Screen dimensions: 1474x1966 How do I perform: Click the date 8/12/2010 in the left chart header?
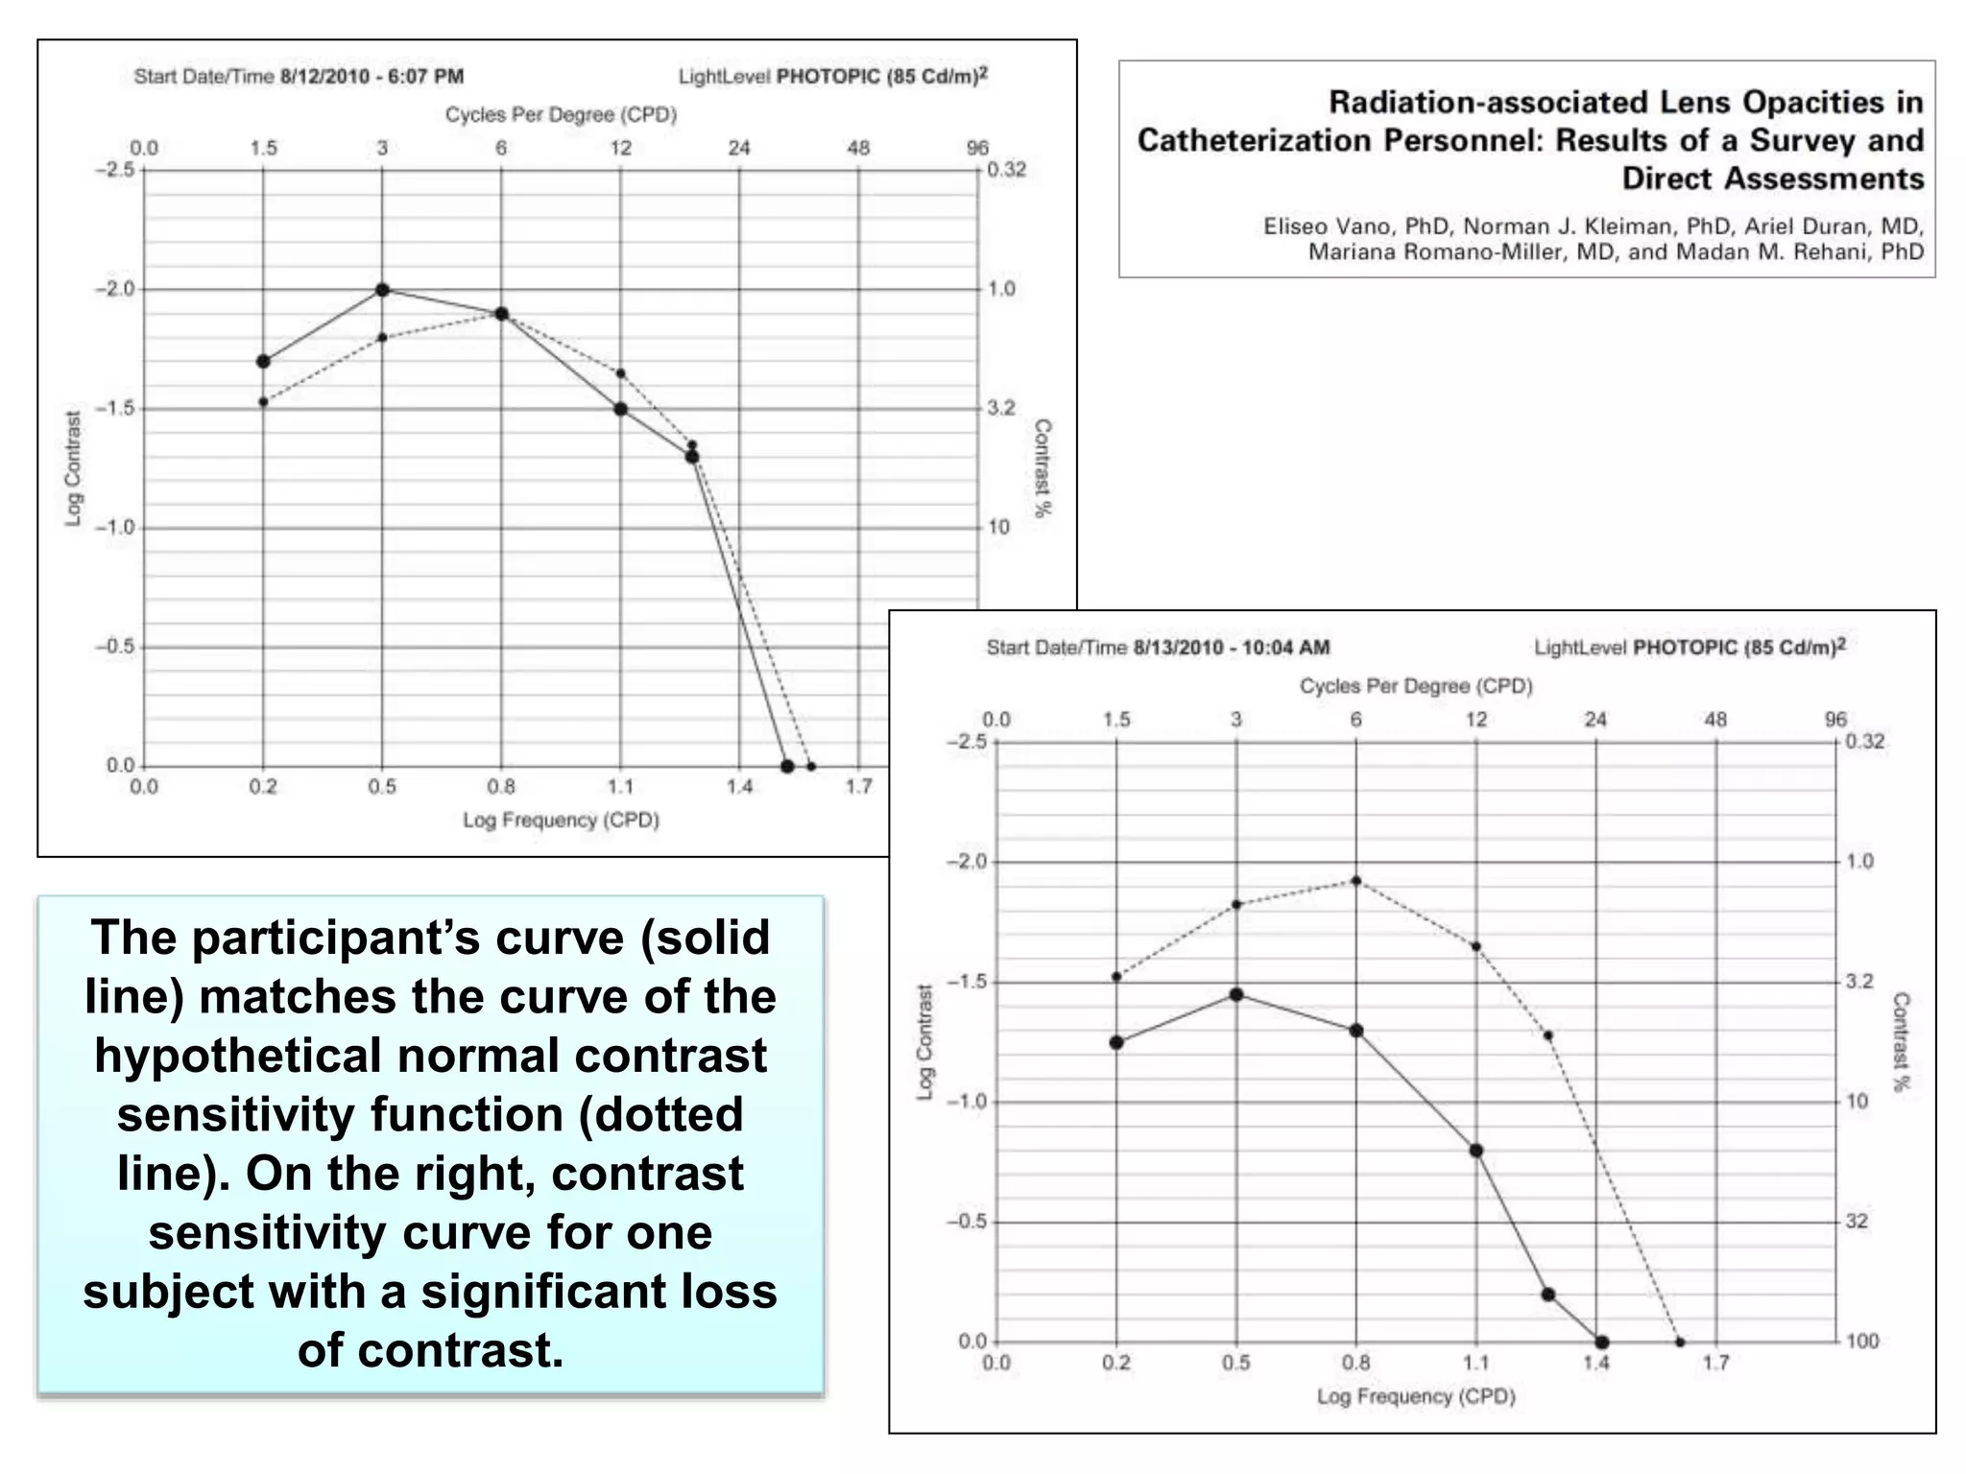coord(325,77)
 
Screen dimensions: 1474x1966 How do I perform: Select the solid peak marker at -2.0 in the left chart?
coord(382,290)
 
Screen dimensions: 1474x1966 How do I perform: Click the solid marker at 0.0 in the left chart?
coord(787,766)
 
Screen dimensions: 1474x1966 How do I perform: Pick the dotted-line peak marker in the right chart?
coord(1356,880)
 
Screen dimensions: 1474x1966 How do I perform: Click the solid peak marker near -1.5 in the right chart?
coord(1236,994)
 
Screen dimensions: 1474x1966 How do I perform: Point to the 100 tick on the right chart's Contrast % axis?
coord(1862,1342)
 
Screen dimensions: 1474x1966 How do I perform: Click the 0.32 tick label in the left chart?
coord(1006,170)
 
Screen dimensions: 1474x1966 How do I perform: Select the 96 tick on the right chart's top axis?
coord(1834,720)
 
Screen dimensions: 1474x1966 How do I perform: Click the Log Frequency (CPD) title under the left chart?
coord(561,820)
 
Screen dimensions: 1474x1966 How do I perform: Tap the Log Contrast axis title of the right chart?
coord(924,1041)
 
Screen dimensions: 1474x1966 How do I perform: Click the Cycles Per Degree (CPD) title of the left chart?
coord(561,115)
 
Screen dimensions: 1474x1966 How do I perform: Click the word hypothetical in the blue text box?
coord(239,1057)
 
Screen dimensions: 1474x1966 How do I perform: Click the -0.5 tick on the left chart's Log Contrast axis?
coord(115,647)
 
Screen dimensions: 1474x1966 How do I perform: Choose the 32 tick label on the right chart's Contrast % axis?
coord(1857,1222)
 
